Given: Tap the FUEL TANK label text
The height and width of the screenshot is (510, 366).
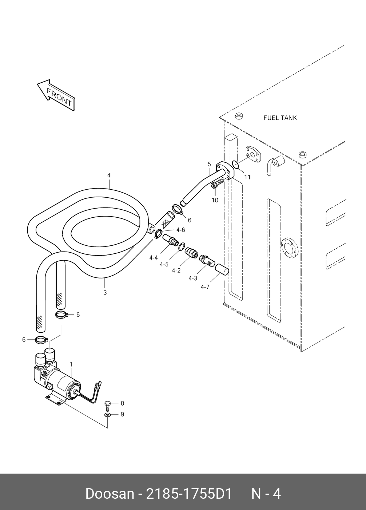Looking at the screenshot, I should pyautogui.click(x=280, y=118).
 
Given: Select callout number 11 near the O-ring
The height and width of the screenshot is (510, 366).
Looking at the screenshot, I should pyautogui.click(x=247, y=177).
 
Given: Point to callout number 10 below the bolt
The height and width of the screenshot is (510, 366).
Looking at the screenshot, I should pyautogui.click(x=215, y=200).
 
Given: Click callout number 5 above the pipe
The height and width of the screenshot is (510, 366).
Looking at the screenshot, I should pyautogui.click(x=209, y=164).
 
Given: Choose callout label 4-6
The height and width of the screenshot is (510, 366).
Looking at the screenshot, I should pyautogui.click(x=180, y=230).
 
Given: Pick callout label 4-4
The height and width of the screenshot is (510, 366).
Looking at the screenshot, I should pyautogui.click(x=154, y=258).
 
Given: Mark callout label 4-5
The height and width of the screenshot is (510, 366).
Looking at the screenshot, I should pyautogui.click(x=164, y=264).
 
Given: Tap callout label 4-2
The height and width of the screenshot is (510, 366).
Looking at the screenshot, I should pyautogui.click(x=176, y=270).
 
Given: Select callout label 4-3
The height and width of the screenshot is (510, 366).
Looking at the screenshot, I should pyautogui.click(x=193, y=278).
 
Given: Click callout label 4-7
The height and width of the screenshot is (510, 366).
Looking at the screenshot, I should pyautogui.click(x=205, y=287).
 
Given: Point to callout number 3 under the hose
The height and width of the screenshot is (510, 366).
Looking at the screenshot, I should pyautogui.click(x=105, y=292).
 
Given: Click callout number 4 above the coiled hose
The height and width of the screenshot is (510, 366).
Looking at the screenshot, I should pyautogui.click(x=108, y=175).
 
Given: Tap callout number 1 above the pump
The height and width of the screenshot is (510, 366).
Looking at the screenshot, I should pyautogui.click(x=71, y=364).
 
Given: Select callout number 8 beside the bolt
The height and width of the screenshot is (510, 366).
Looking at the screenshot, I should pyautogui.click(x=122, y=403).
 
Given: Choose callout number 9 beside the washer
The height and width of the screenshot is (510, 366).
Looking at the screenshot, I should pyautogui.click(x=122, y=414).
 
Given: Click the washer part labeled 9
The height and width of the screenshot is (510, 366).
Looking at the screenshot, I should pyautogui.click(x=108, y=415).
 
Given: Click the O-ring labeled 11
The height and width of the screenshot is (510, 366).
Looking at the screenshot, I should pyautogui.click(x=235, y=165).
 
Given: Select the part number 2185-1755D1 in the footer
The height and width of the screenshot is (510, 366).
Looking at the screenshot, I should pyautogui.click(x=189, y=494).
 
